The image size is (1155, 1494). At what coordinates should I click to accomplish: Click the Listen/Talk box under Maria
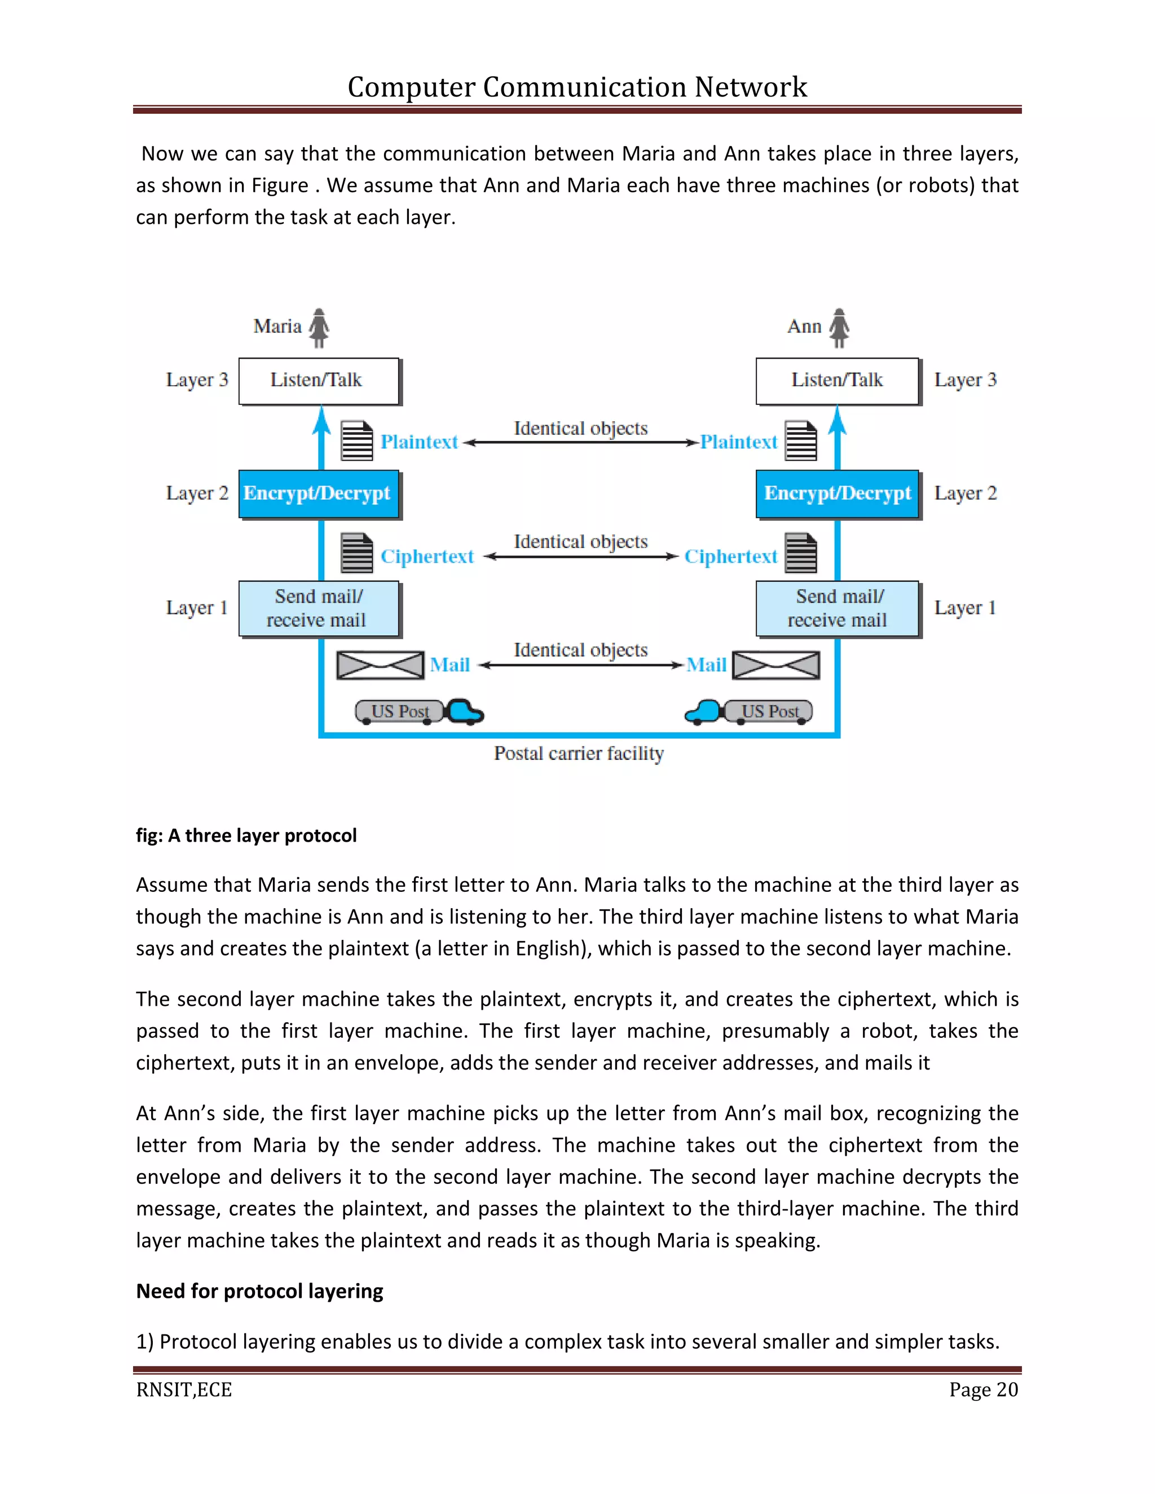318,381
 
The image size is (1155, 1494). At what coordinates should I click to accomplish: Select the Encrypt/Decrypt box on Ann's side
837,493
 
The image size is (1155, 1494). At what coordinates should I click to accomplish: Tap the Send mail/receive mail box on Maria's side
318,608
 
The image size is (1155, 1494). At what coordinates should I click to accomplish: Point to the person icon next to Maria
319,328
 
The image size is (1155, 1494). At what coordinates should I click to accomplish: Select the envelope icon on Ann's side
776,665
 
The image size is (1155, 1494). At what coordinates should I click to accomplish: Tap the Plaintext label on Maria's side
419,442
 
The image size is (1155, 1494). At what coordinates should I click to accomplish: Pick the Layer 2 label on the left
197,493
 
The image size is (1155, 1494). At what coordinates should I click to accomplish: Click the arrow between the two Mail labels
580,665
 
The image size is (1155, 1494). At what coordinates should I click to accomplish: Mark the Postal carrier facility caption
579,753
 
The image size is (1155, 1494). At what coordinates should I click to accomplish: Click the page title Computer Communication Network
577,87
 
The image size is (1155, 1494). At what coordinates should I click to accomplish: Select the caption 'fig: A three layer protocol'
246,836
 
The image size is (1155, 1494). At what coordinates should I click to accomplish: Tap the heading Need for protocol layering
259,1291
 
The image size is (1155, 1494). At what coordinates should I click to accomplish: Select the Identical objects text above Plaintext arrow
580,428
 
